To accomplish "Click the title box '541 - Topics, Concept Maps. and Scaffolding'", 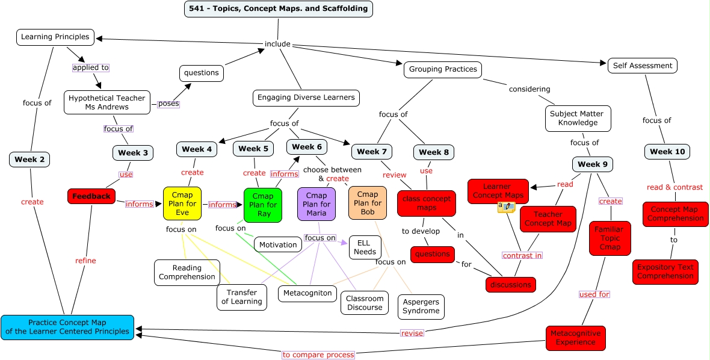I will (x=279, y=9).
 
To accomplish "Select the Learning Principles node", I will (x=55, y=37).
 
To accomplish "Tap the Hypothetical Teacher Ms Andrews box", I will (x=107, y=102).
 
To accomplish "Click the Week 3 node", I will (x=133, y=153).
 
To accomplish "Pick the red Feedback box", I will (x=91, y=196).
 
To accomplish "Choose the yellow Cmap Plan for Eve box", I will (x=182, y=203).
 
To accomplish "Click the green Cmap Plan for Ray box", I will (x=263, y=205).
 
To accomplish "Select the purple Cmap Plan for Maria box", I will (x=316, y=204).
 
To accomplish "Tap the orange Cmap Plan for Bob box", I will (x=368, y=203).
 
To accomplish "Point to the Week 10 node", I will (x=667, y=152).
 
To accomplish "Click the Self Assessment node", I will (x=643, y=66).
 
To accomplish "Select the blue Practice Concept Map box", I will (x=67, y=327).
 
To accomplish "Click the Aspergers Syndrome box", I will (x=421, y=306).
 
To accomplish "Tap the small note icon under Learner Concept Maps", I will (x=506, y=207).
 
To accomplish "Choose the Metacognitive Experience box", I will (x=576, y=338).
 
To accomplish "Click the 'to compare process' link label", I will (x=318, y=355).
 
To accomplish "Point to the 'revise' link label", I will (x=412, y=333).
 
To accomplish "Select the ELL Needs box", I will (x=365, y=247).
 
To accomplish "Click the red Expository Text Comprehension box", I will (x=665, y=272).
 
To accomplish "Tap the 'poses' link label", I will (x=168, y=104).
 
